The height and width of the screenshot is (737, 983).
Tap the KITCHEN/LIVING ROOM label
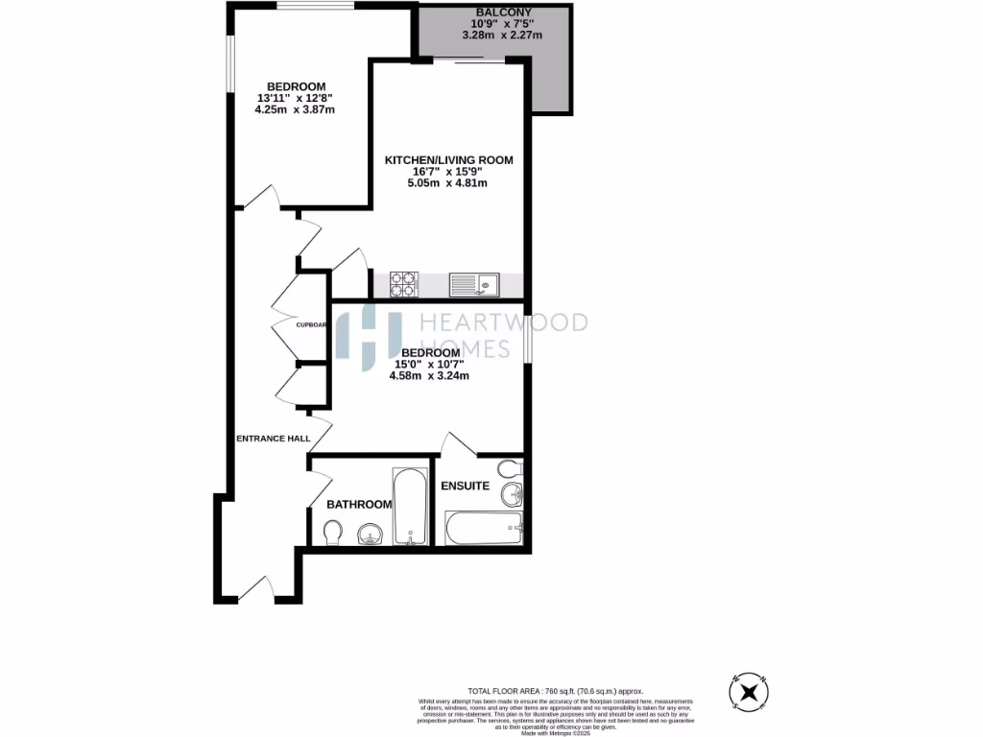coord(448,160)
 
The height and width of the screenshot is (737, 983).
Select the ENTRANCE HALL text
coord(274,439)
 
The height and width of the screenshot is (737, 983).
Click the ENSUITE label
coord(465,487)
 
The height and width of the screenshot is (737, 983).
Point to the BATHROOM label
coord(359,505)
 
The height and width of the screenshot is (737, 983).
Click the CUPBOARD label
coord(313,325)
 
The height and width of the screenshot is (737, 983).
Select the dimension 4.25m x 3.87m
coord(294,109)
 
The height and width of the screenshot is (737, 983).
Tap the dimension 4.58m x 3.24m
coord(429,376)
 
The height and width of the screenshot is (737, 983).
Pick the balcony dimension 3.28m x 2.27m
coord(502,36)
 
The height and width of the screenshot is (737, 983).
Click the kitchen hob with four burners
coord(403,284)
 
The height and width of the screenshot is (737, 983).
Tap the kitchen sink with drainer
coord(475,284)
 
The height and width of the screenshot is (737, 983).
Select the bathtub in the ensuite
coord(484,529)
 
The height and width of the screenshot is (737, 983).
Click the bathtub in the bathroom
coord(410,507)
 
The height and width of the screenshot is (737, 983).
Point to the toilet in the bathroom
coord(332,532)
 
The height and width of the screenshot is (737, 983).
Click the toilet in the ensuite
coord(514,467)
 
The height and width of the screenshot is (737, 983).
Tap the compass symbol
coord(749,691)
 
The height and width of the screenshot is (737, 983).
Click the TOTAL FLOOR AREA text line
coord(556,691)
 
